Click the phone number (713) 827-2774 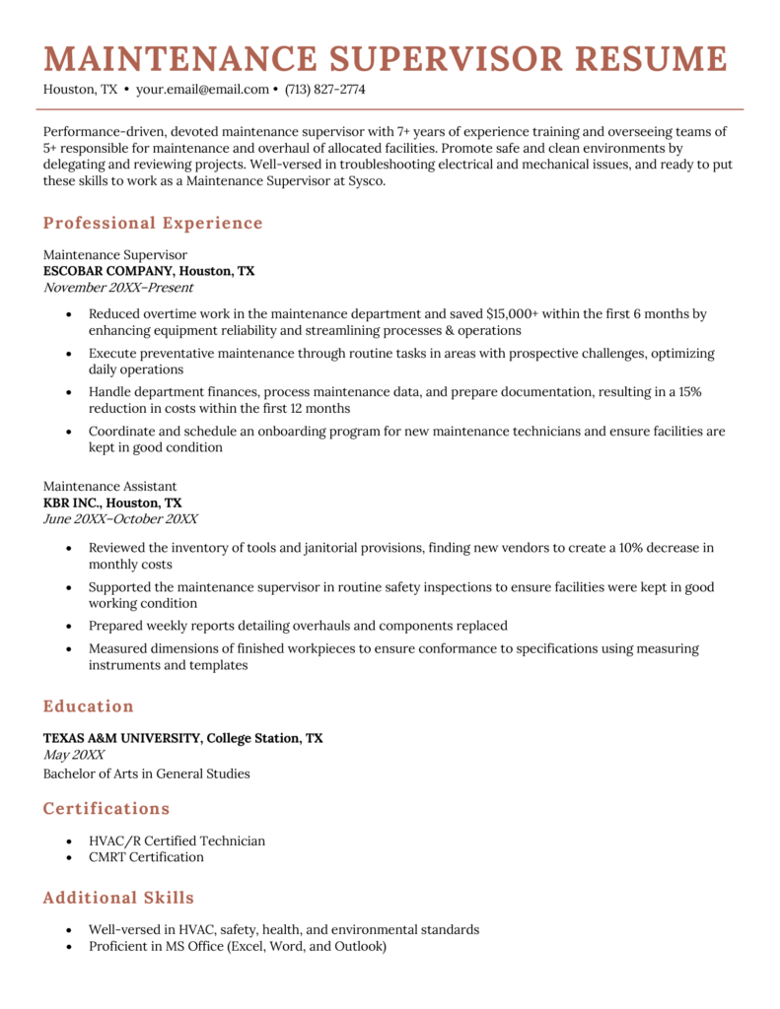click(x=324, y=90)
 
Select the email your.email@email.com click(x=202, y=90)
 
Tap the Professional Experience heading click(x=153, y=223)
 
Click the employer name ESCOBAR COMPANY click(x=108, y=271)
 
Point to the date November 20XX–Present click(x=118, y=288)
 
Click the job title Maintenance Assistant click(x=110, y=486)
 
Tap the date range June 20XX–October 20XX click(x=120, y=519)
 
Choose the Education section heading click(x=89, y=706)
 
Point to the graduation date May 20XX click(x=74, y=755)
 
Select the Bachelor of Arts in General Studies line click(x=146, y=774)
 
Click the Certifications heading click(x=106, y=809)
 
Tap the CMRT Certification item click(x=146, y=857)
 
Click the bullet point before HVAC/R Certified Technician click(x=67, y=841)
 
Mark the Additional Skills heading click(x=118, y=898)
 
